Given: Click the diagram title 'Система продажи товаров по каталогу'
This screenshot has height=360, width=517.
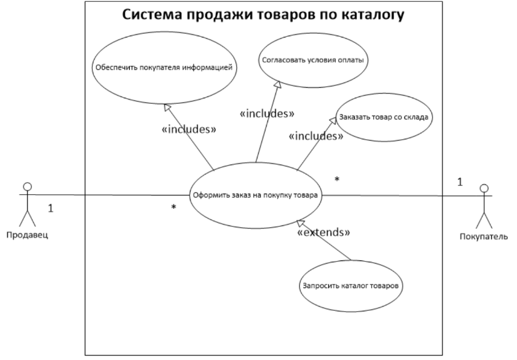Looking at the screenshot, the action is (263, 15).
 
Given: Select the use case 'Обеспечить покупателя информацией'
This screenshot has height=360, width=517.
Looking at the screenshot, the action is (164, 68).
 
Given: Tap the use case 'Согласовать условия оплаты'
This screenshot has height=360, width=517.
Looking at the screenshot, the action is (313, 60).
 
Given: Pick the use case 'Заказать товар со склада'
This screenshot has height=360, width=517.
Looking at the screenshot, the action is (384, 117).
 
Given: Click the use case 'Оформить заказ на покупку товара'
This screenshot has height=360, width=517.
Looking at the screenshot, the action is (255, 195).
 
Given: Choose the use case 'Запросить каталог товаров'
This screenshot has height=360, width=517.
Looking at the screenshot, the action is (350, 286).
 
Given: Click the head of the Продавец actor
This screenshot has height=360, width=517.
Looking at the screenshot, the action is (28, 187).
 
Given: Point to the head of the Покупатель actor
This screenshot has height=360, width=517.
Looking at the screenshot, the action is (484, 188).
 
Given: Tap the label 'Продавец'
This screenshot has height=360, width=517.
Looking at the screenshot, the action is (27, 235).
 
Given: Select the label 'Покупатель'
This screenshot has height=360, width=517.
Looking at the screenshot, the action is (484, 237).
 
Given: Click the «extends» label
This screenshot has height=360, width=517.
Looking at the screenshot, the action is (323, 233).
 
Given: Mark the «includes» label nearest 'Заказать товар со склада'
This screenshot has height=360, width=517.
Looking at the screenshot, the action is (316, 136).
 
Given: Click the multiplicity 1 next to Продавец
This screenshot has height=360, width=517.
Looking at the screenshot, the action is (50, 208).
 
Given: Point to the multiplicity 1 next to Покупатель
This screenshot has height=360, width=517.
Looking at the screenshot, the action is (460, 182).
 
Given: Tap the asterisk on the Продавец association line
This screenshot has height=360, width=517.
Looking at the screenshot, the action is (174, 207).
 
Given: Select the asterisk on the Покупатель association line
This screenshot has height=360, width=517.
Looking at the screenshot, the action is (337, 179).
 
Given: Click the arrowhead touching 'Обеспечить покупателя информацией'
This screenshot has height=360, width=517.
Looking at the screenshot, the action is (168, 108).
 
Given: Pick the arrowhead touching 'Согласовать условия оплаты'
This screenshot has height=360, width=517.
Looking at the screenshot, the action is (278, 84).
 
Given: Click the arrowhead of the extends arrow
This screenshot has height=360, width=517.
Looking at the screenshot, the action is (301, 223).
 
